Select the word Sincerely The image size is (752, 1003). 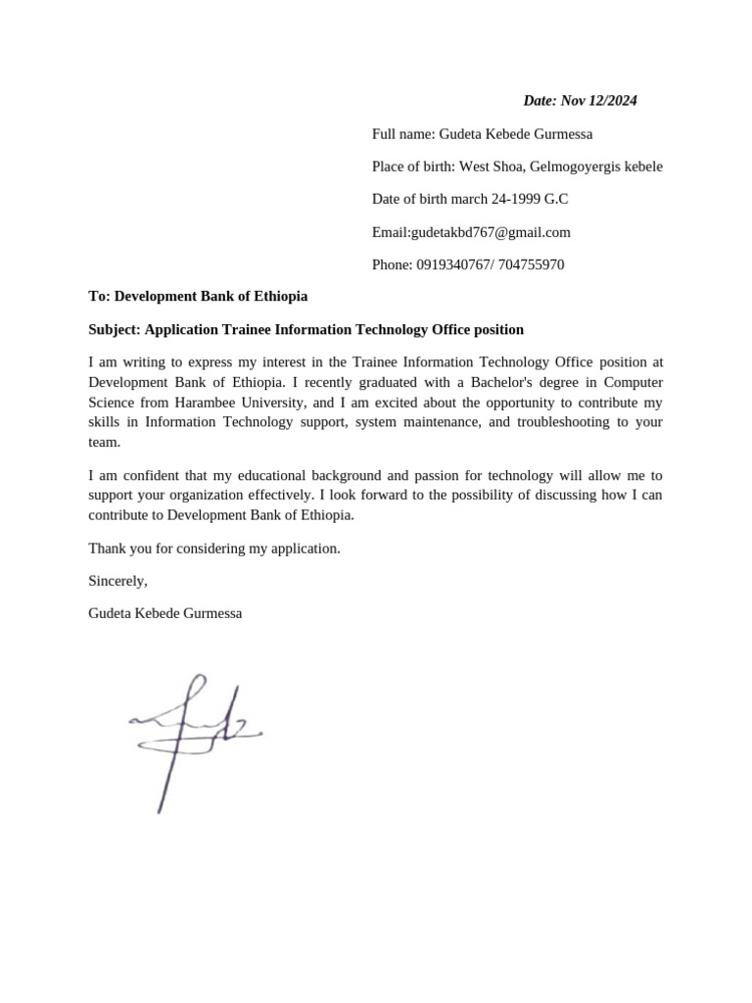[x=117, y=581]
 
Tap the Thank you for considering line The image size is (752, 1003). [x=214, y=549]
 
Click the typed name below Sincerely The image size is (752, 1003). [x=164, y=613]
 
